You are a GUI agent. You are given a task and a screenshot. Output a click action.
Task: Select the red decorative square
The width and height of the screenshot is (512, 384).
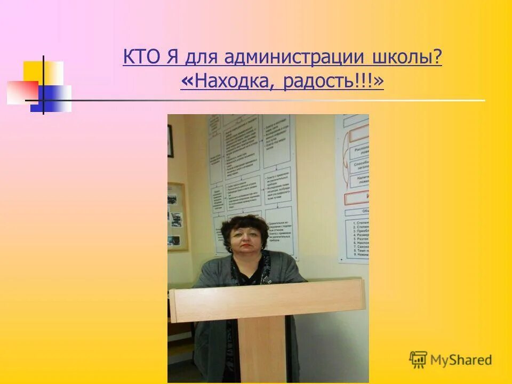21,92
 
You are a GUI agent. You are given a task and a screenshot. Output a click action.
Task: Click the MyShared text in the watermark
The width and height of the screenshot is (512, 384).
461,360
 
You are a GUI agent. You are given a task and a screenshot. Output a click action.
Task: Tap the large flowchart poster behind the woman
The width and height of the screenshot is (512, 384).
251,171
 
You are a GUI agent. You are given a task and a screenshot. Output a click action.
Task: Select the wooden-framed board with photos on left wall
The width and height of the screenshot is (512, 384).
177,216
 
